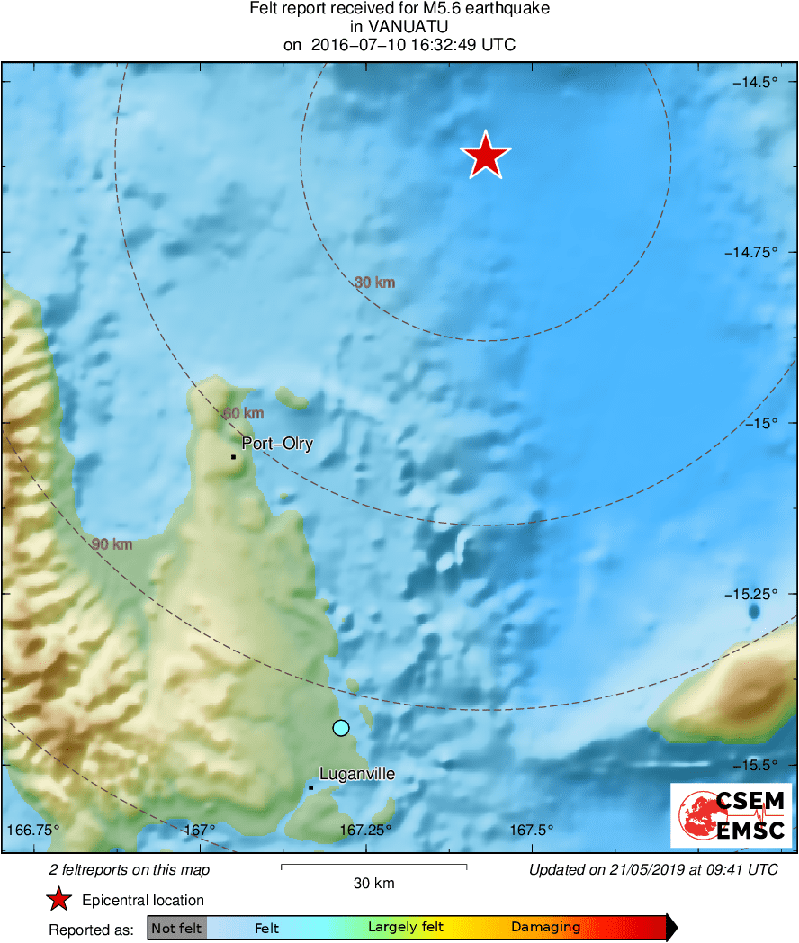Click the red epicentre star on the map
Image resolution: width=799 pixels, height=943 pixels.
(486, 157)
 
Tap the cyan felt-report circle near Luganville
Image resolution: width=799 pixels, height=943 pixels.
(340, 728)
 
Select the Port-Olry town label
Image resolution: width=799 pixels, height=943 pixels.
(277, 444)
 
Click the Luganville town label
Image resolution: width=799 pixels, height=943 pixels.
(357, 775)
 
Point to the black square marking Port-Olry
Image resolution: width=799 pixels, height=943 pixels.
(233, 457)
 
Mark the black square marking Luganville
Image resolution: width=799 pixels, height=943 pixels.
(310, 788)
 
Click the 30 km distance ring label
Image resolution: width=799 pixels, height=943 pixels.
(374, 283)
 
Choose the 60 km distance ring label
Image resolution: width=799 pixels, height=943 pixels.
(243, 413)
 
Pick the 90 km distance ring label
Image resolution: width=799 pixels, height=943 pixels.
(112, 544)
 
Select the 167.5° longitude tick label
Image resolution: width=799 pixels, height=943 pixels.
(532, 830)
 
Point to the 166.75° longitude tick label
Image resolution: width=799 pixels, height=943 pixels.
(33, 830)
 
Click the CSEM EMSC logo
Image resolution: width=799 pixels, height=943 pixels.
(732, 814)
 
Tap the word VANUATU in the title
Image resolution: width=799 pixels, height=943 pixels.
(399, 27)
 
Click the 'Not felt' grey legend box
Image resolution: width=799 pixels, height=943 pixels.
(177, 927)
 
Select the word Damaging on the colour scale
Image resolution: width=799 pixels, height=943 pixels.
(545, 927)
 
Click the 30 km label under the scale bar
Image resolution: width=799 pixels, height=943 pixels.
(373, 884)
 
